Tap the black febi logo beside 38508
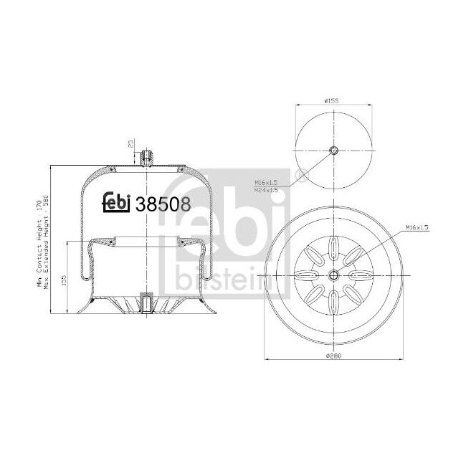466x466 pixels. [117, 203]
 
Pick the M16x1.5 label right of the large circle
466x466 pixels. [416, 227]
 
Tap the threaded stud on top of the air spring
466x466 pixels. [147, 156]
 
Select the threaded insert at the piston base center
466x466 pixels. [147, 303]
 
